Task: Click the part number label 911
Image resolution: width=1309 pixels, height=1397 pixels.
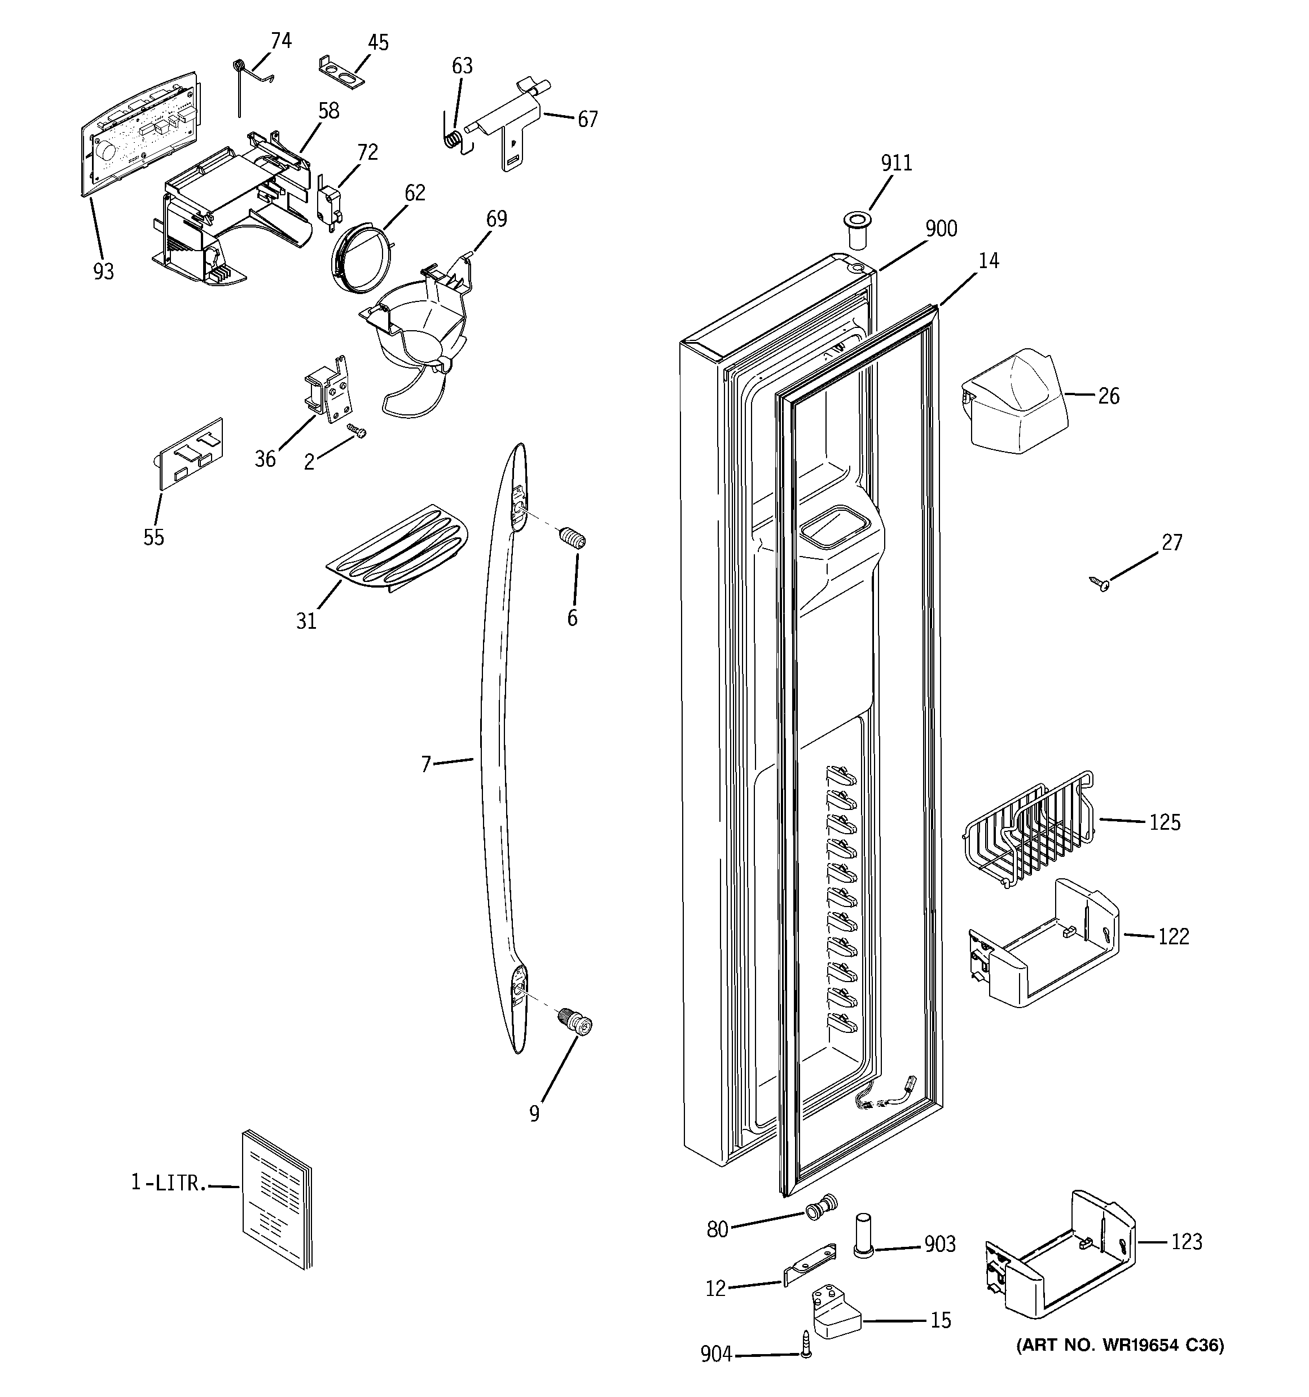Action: pos(896,163)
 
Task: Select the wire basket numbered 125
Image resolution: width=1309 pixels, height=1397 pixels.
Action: pos(1027,831)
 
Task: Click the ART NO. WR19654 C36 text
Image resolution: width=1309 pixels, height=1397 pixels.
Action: pos(1120,1345)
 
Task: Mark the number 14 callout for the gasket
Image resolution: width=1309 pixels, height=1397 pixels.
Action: pos(988,261)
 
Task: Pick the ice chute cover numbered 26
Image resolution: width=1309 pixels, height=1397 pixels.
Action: pos(1014,398)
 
